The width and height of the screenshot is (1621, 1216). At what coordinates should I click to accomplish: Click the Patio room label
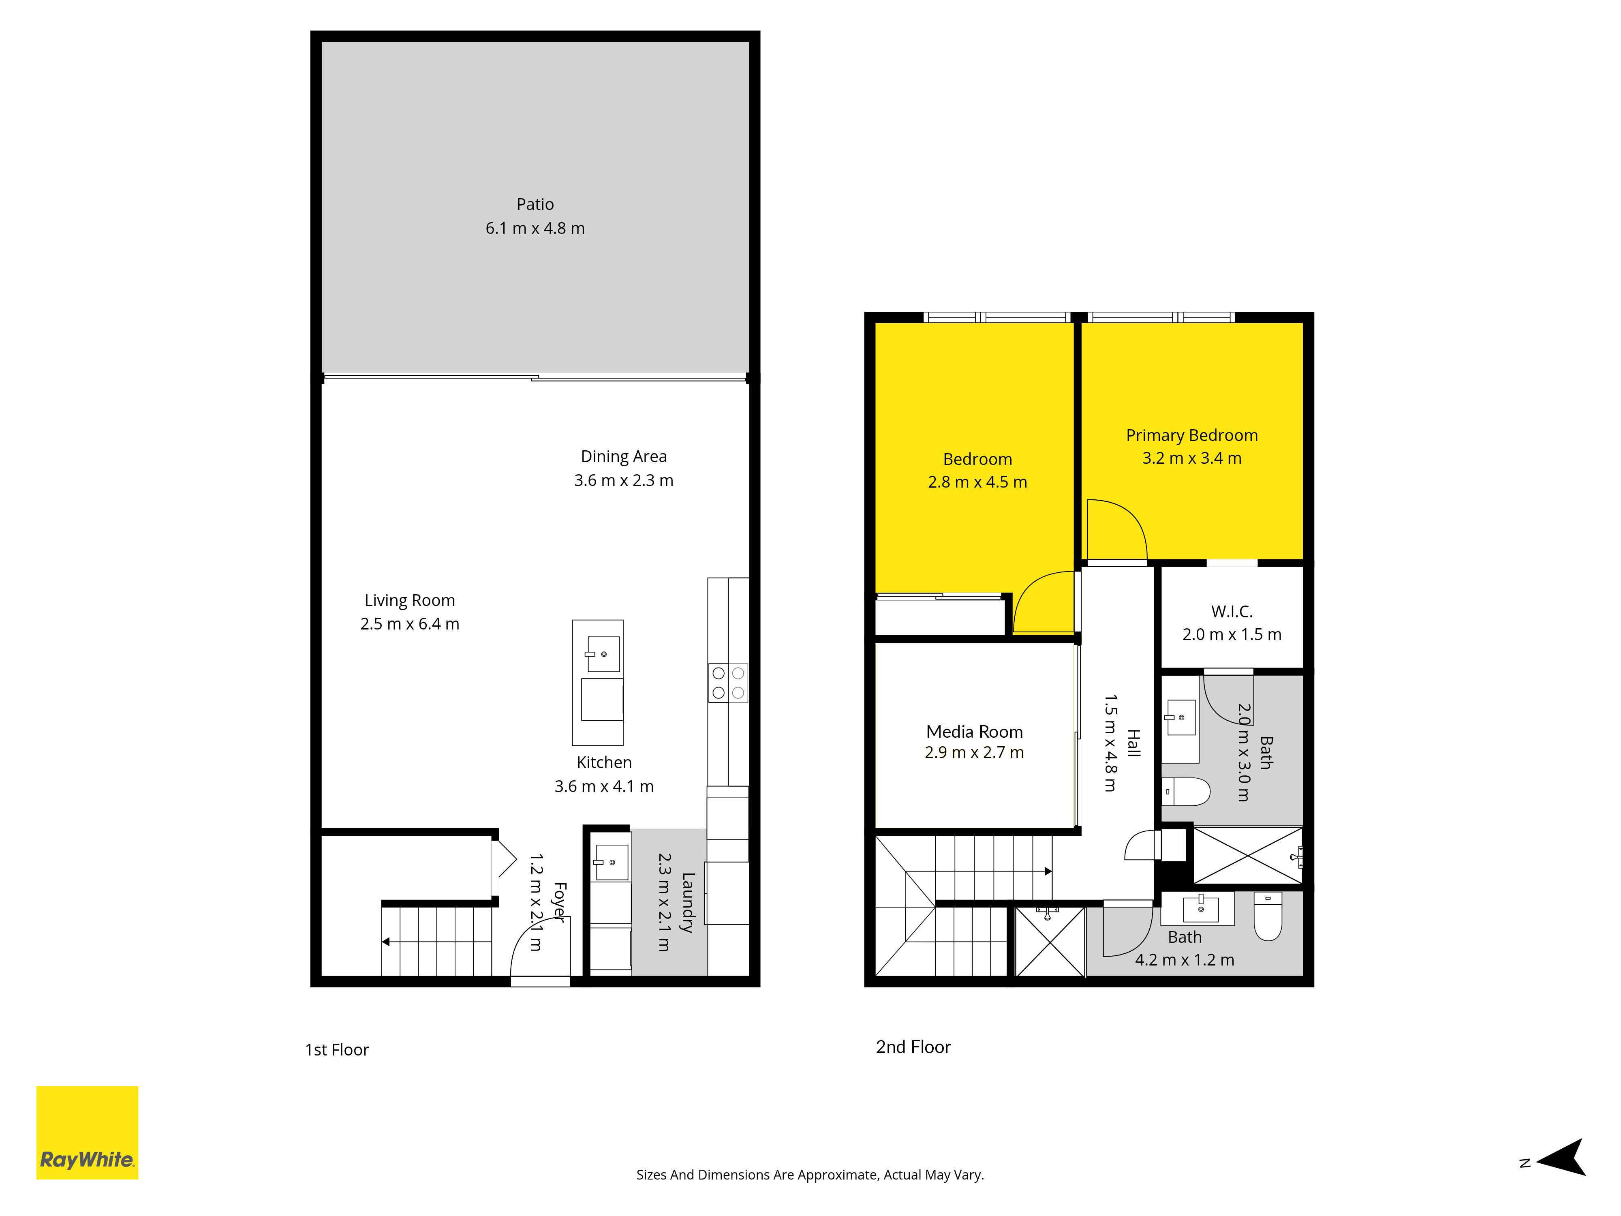[x=535, y=205]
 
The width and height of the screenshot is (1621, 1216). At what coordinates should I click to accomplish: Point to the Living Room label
[x=410, y=600]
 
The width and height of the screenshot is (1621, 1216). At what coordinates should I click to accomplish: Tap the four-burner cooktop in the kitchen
[x=728, y=683]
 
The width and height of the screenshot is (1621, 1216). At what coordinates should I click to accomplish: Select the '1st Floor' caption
[x=337, y=1050]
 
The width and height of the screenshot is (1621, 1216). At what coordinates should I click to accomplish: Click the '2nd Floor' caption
[x=913, y=1047]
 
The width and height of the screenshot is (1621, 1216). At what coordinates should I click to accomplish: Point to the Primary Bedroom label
[x=1191, y=435]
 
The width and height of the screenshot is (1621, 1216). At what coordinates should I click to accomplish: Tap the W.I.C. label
[x=1232, y=611]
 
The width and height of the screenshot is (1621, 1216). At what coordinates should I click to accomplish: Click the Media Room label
[x=975, y=732]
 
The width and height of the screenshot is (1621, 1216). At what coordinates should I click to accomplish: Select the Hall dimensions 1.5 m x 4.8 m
[x=1110, y=743]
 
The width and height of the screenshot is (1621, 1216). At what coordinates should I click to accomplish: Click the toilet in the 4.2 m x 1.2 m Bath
[x=1268, y=916]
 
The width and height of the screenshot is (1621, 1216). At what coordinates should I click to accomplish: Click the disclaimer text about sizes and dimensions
[x=810, y=1175]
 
